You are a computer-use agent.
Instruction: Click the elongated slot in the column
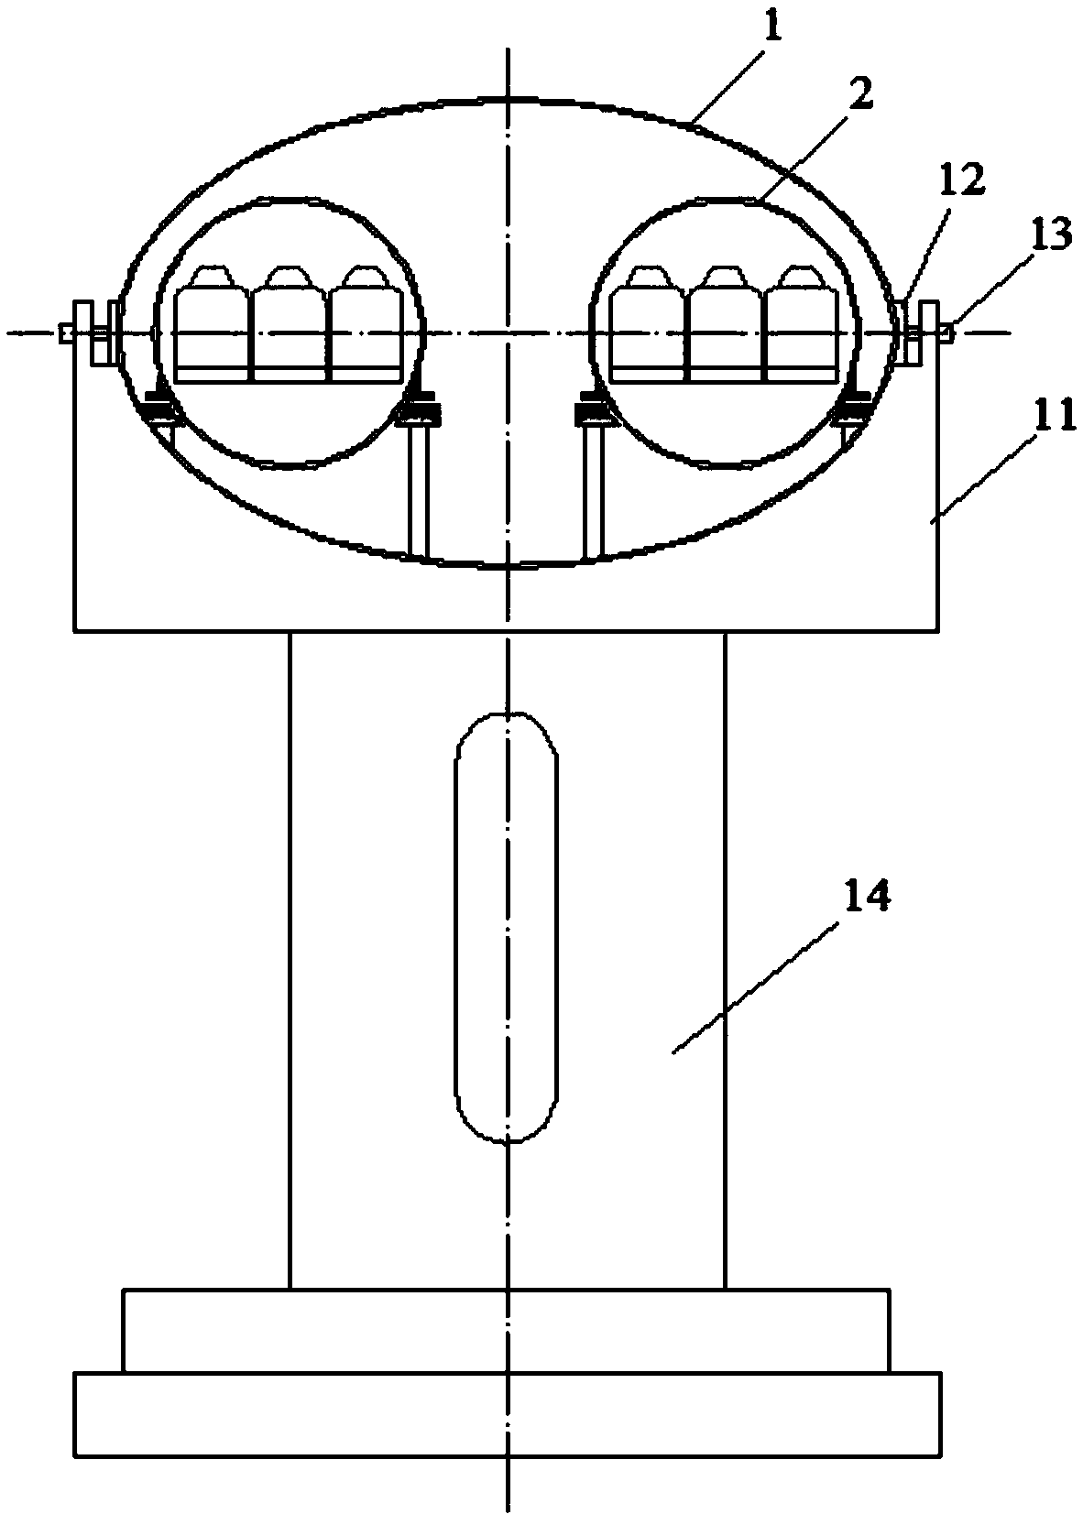[x=507, y=927]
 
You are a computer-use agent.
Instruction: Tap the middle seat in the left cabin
[x=289, y=322]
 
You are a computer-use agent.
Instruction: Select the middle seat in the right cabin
[x=725, y=322]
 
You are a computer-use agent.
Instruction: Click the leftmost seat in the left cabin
[x=212, y=322]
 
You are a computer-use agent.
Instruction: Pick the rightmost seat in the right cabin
[x=803, y=322]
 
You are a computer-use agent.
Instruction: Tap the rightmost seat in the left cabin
[x=366, y=322]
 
